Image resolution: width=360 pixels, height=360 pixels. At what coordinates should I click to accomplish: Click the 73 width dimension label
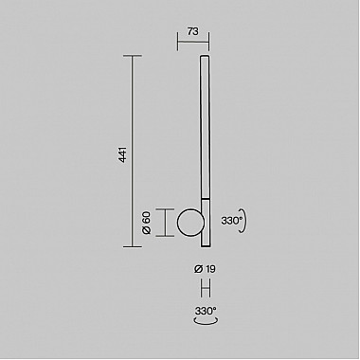click(193, 31)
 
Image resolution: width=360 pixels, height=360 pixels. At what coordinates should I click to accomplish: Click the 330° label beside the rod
click(232, 219)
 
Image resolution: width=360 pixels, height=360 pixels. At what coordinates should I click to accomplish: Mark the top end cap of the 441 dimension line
click(133, 56)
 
